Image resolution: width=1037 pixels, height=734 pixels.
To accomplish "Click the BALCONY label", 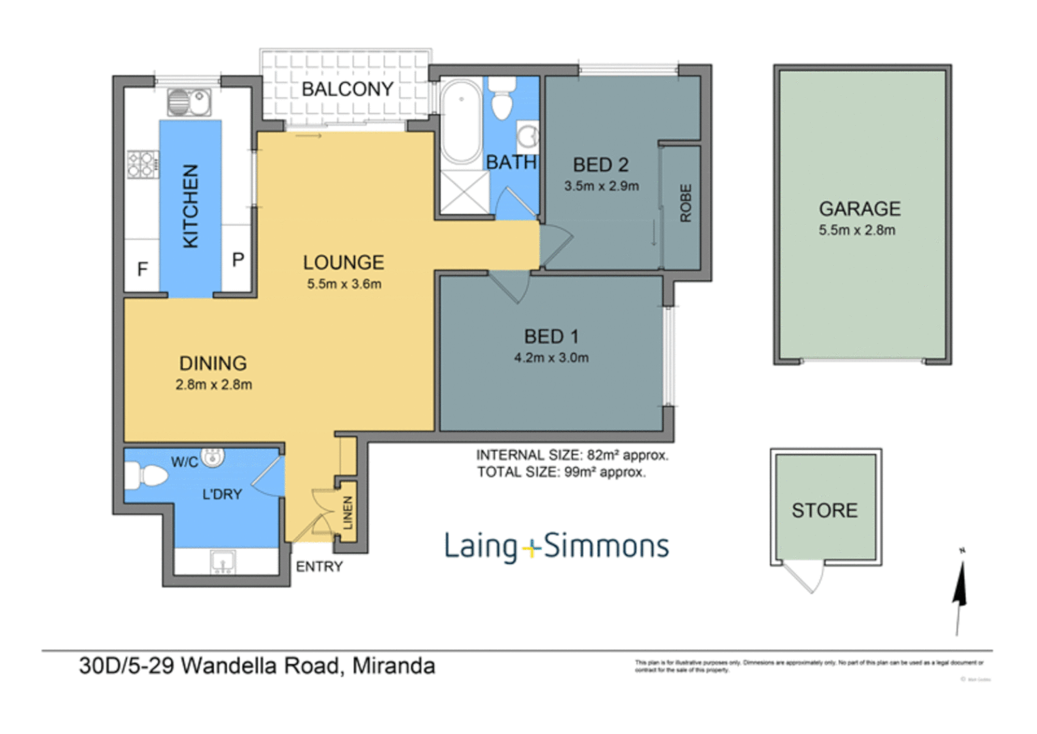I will (x=347, y=89).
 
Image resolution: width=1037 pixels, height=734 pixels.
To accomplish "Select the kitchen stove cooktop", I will (x=143, y=164).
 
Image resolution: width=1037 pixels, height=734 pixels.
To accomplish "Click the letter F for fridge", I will (x=143, y=270).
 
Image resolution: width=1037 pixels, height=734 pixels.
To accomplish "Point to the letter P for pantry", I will (x=238, y=260).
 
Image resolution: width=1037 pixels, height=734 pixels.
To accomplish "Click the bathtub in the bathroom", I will (x=461, y=122).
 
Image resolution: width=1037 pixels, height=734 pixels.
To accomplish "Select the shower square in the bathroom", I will (x=465, y=192).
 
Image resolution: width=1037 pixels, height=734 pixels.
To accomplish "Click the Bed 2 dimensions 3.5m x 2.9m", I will (x=601, y=186).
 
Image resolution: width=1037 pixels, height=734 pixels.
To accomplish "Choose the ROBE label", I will (x=685, y=203).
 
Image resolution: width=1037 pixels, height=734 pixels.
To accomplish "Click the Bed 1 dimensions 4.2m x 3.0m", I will (x=551, y=358).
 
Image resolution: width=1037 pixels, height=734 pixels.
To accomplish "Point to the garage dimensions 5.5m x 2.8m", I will (x=856, y=230).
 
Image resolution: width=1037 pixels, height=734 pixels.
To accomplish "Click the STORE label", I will (x=824, y=510).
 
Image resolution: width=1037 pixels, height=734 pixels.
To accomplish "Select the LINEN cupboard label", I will (x=348, y=512).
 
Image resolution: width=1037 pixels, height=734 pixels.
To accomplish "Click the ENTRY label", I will (x=319, y=567).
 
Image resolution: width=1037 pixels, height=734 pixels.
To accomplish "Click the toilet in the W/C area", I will (x=147, y=475).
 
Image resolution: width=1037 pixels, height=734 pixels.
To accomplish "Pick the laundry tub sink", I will (x=223, y=562).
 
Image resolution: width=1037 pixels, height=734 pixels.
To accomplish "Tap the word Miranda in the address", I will (x=394, y=665).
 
